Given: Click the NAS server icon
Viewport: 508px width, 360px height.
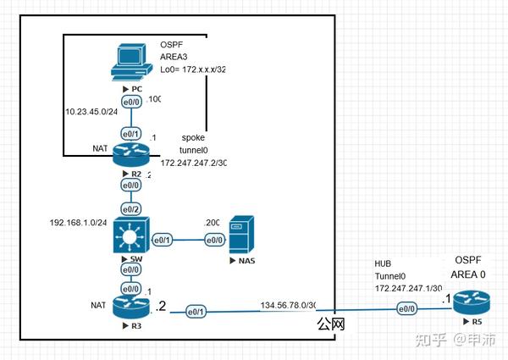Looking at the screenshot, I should (240, 232).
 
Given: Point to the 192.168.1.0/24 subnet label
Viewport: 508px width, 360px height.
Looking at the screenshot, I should (78, 224).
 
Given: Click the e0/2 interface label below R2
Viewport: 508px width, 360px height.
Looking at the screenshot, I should (130, 208).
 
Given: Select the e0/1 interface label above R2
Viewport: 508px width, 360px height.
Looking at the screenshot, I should (130, 134).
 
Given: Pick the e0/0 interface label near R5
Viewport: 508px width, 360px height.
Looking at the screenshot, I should (406, 310).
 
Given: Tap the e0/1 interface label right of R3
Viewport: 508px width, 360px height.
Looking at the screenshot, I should (195, 313).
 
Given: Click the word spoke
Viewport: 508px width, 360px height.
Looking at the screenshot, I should (194, 137).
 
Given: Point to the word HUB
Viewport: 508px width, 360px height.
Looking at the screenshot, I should (384, 264).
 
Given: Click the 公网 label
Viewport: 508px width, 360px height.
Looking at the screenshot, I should (330, 324).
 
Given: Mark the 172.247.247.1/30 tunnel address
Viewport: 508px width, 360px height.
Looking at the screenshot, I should (411, 289).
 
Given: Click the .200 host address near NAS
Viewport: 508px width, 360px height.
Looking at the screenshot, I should (212, 222).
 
